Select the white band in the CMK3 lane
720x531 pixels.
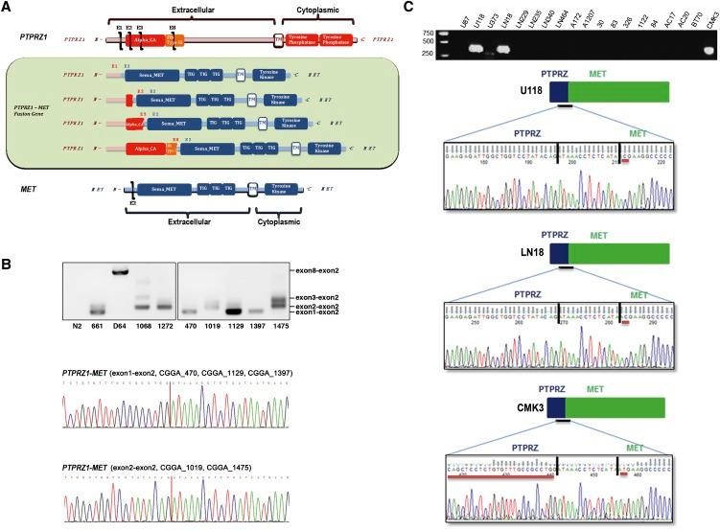click(708, 49)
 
